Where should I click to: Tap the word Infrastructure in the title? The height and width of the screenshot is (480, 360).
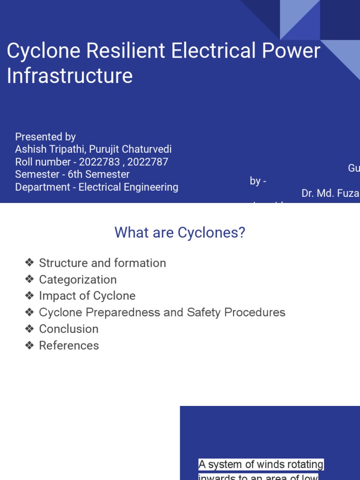[70, 75]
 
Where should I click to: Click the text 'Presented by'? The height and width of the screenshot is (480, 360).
[45, 136]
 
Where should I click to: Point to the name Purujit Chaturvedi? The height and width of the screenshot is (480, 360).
[131, 149]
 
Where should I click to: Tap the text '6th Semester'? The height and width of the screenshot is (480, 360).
[100, 174]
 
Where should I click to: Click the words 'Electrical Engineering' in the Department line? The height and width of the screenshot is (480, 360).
[128, 187]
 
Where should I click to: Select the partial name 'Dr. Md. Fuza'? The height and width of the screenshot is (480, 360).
[330, 193]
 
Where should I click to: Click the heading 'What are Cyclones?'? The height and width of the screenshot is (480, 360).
[180, 232]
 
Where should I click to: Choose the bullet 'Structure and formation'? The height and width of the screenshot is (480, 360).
[102, 263]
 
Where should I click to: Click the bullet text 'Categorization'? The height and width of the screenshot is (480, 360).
[78, 279]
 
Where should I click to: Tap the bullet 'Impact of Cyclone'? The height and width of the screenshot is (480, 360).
[87, 296]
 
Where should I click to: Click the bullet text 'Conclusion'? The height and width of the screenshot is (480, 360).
[69, 329]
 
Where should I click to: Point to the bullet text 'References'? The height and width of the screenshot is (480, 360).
[69, 345]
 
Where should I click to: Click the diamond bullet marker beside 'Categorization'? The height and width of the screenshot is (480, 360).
[30, 279]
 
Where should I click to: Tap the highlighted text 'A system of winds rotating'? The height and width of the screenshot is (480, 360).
[261, 465]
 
